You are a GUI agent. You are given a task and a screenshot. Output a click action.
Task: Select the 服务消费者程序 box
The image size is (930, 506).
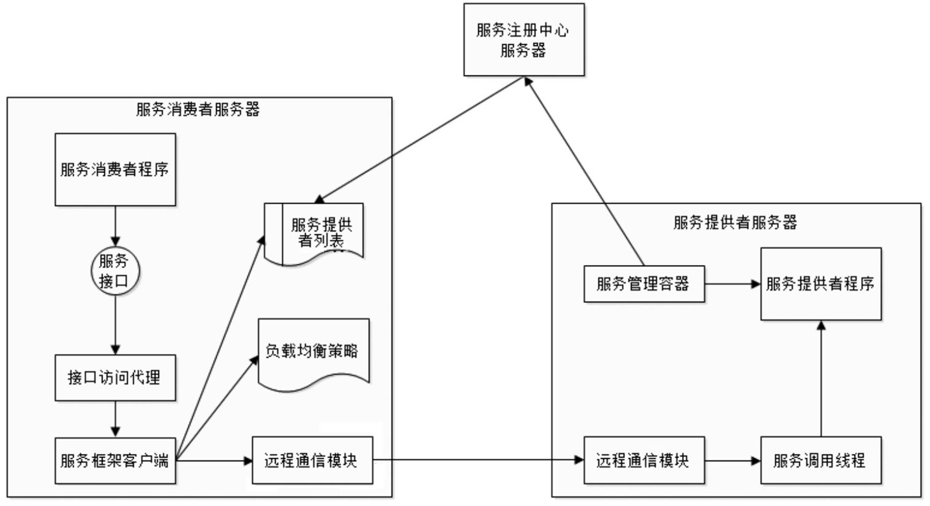point(115,170)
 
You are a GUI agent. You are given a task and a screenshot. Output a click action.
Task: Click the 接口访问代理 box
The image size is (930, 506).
point(115,379)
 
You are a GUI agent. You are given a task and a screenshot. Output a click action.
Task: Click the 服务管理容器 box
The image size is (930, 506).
point(642,284)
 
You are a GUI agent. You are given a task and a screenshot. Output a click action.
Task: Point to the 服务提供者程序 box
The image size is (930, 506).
point(820,284)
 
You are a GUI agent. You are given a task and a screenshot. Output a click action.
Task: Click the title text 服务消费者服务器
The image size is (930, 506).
point(198,109)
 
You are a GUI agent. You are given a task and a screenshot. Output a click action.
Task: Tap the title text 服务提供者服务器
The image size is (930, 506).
point(736,222)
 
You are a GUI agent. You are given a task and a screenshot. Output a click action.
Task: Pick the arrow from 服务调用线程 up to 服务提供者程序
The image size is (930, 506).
point(820,380)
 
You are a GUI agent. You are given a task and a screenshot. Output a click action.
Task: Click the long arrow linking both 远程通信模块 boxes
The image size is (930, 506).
point(480,460)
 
